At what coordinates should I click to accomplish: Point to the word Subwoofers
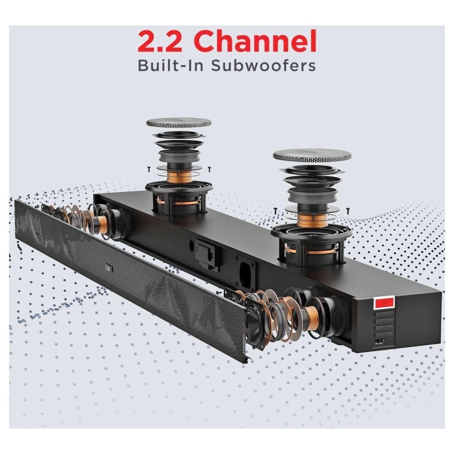pos(263,65)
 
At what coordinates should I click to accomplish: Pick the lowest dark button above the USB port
pos(384,334)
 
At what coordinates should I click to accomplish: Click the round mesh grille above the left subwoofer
pos(178,123)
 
